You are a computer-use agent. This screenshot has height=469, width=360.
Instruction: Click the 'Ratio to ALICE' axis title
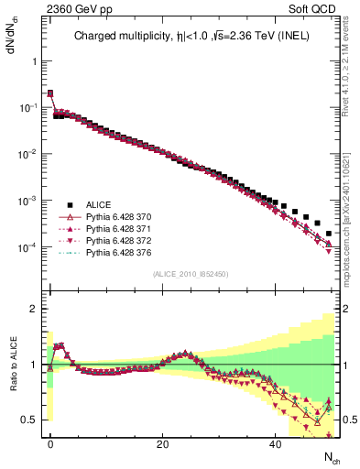point(13,365)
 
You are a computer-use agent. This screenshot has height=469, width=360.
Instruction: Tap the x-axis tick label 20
point(163,442)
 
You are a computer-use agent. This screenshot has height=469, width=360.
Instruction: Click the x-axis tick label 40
point(276,442)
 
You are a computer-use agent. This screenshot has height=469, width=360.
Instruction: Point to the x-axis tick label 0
point(50,442)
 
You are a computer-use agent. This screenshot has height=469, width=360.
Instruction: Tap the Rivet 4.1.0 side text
point(351,92)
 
